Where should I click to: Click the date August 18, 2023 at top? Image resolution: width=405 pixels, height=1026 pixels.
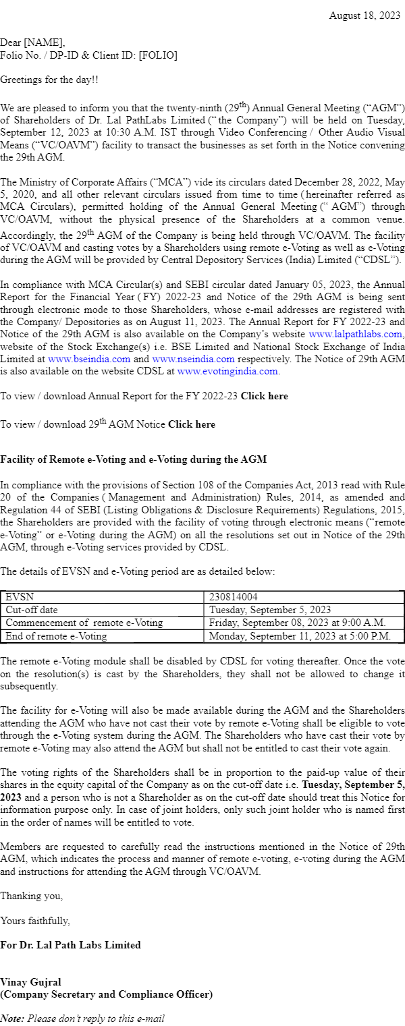point(364,16)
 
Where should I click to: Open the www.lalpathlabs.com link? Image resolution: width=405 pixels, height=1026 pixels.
point(355,334)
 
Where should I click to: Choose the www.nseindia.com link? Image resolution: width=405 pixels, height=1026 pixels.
point(193,359)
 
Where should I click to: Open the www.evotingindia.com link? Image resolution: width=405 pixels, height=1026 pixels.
point(227,371)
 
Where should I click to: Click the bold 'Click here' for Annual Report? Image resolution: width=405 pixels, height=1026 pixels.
point(264,396)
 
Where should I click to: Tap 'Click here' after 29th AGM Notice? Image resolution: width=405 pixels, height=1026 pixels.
point(192,424)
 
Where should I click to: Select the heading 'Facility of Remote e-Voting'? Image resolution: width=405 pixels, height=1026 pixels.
point(133,459)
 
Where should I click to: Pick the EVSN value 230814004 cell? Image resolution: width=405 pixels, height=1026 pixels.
point(233,597)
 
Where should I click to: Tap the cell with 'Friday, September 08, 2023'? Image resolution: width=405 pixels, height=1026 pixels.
point(297,623)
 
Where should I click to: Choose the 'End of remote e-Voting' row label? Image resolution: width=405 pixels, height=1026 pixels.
point(56,635)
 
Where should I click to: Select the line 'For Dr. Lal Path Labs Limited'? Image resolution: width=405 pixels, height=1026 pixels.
point(70,945)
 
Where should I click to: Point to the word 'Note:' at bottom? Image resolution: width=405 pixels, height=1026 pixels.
point(12,1019)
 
